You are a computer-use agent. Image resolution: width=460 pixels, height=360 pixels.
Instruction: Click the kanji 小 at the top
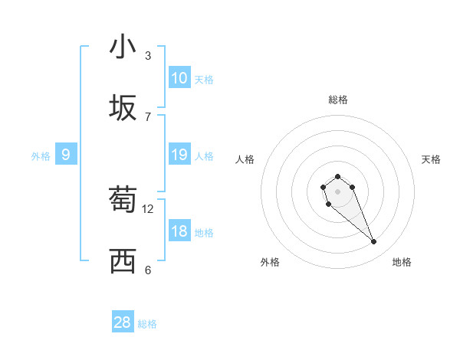(x=123, y=47)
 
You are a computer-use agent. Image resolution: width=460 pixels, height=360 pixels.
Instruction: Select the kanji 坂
(x=123, y=109)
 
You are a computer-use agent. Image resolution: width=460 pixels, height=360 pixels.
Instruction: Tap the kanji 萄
(x=123, y=201)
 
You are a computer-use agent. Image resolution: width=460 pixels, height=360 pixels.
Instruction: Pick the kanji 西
(x=123, y=262)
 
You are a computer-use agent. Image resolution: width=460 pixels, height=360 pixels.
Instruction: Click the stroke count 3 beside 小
(x=148, y=56)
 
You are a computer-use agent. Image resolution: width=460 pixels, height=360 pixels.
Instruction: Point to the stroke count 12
(x=148, y=208)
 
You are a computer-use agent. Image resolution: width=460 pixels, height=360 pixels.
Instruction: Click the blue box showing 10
(x=179, y=78)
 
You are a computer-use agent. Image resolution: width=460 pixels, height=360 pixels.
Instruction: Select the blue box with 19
(x=179, y=155)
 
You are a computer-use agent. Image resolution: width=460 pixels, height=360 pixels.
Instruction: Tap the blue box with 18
(x=179, y=231)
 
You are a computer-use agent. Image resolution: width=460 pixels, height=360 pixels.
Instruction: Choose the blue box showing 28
(x=123, y=322)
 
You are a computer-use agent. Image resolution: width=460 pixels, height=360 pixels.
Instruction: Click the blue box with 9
(x=66, y=155)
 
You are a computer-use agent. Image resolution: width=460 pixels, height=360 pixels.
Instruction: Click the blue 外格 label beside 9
(x=41, y=156)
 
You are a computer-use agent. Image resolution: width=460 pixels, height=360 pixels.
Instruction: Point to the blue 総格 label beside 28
(x=147, y=324)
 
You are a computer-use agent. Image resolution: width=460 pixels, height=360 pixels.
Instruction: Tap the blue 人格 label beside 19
(x=204, y=156)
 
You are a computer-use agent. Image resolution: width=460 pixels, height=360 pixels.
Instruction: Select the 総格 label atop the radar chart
(x=337, y=100)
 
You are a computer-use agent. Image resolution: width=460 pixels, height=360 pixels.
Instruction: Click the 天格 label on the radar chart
(x=431, y=159)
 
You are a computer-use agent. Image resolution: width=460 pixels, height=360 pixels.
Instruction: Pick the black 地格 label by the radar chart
(x=402, y=262)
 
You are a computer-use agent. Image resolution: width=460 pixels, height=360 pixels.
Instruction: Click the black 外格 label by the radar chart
(x=270, y=262)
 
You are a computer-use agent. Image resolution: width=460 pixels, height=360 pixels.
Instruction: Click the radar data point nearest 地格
(x=374, y=242)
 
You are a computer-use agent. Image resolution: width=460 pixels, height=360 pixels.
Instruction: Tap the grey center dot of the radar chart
(x=337, y=191)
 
